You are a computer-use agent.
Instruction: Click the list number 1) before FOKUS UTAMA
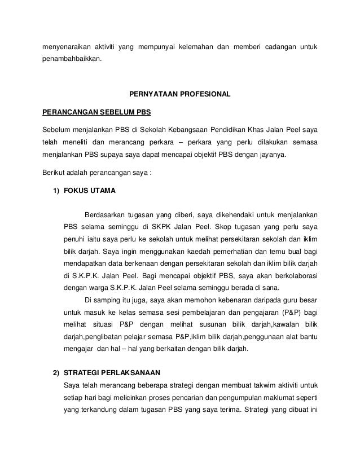56,191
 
